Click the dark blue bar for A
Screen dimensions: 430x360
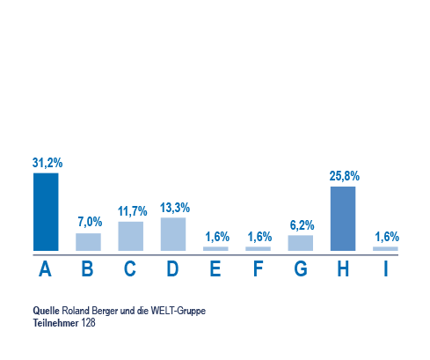tap(46, 212)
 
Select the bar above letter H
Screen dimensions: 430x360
tap(343, 218)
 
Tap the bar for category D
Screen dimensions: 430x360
tap(173, 234)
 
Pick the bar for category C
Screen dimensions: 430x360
tap(131, 236)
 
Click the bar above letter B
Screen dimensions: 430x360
tap(88, 242)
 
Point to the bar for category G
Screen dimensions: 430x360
tap(301, 243)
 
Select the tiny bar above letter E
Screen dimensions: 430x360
tap(215, 249)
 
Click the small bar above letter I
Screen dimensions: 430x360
tap(385, 249)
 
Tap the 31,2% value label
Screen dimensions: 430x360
tap(47, 163)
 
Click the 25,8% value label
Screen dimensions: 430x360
tap(345, 176)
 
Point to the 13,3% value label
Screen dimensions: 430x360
tap(175, 208)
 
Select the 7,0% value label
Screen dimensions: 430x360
tap(90, 222)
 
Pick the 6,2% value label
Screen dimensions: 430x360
tap(302, 225)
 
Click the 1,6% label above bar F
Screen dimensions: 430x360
tap(259, 237)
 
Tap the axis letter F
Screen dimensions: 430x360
tap(258, 268)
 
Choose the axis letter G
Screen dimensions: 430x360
tap(301, 268)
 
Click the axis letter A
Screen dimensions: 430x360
tap(45, 268)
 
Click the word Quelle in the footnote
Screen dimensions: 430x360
tap(46, 311)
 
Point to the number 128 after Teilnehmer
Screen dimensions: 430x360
tap(89, 323)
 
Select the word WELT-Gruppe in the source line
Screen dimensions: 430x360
tap(179, 311)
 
